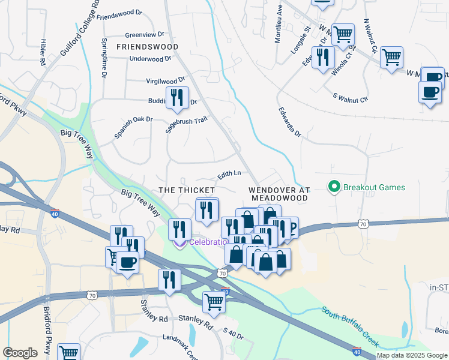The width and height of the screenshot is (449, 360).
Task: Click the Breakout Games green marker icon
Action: point(334,187)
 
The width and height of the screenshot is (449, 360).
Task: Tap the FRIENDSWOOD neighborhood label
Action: point(147,46)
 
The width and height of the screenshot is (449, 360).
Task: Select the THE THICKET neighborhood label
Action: point(187,190)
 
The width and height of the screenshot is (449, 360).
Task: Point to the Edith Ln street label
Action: point(229,173)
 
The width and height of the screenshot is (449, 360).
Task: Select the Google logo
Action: point(20,353)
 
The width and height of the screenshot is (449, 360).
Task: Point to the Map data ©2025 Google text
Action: point(412,355)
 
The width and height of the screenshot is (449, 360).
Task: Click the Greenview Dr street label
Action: point(144,35)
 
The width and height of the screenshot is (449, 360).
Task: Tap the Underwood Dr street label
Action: point(151,59)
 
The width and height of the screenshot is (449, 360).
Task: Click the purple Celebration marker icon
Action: point(179,243)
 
